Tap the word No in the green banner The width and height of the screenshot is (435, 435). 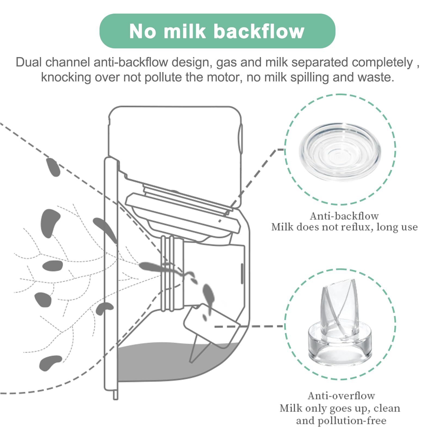143,31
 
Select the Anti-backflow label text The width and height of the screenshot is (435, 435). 344,216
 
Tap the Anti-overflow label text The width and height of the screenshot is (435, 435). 341,396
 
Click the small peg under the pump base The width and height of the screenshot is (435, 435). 116,395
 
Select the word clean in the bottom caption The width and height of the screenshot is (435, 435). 387,408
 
